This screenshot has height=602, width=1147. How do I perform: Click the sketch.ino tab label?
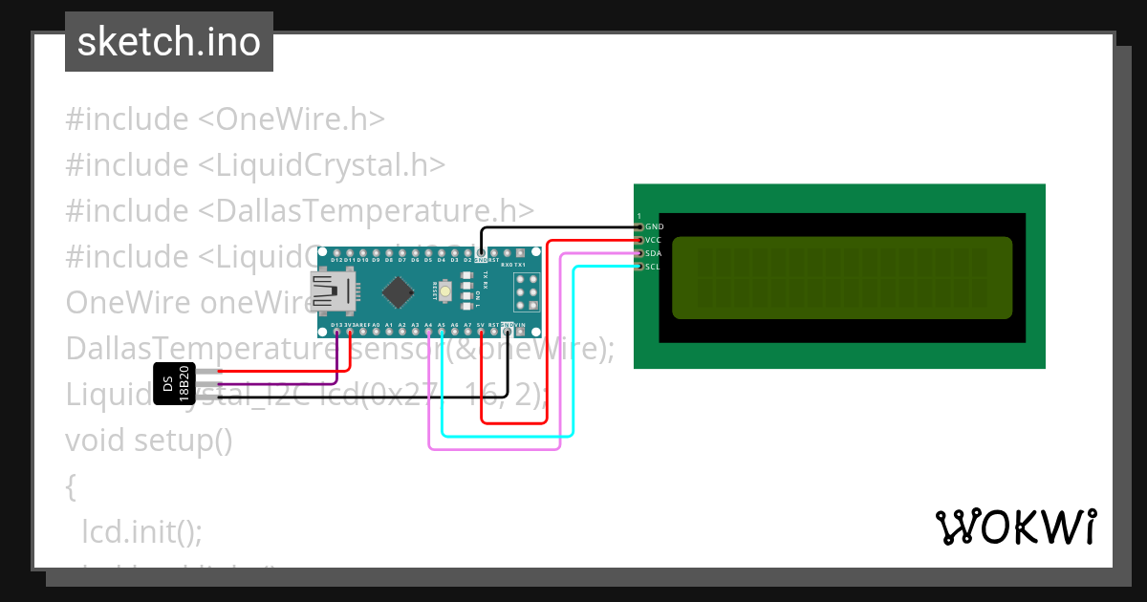169,42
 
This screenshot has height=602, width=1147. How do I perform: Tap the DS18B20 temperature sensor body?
174,383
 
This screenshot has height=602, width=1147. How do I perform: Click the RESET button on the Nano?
446,290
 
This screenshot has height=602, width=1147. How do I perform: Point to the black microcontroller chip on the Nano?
397,290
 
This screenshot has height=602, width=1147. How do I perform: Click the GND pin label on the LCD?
654,226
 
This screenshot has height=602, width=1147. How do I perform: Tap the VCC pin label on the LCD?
654,240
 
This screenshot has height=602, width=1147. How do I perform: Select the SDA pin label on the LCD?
654,253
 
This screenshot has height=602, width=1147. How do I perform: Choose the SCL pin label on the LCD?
653,267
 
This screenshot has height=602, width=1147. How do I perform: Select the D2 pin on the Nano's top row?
467,255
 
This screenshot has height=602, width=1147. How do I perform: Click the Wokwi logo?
1015,527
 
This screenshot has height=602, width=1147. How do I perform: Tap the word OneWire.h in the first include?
300,119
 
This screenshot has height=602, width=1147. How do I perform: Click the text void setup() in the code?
149,441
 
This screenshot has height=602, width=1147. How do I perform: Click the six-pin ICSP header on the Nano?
526,291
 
